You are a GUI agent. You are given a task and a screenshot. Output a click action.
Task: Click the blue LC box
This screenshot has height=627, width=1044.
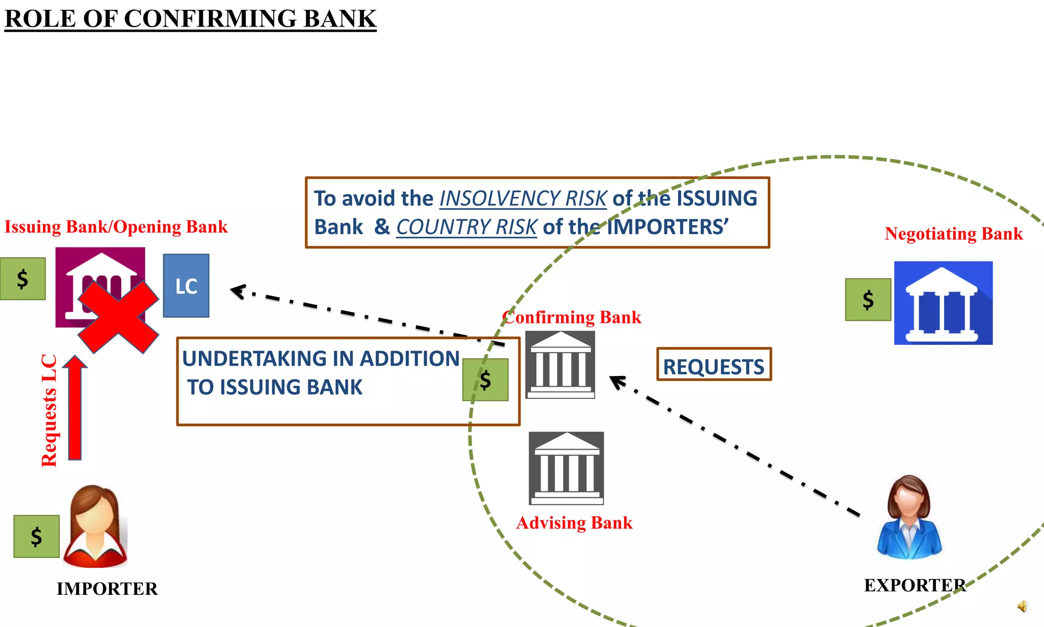click(186, 286)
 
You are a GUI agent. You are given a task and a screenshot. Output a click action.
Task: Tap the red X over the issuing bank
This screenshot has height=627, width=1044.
click(118, 317)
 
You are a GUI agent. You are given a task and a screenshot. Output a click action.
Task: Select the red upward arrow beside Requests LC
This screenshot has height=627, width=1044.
click(75, 408)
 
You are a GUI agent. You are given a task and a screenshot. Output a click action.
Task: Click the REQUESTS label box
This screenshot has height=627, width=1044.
click(714, 365)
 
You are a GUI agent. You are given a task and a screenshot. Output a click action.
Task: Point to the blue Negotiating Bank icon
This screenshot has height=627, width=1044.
click(943, 303)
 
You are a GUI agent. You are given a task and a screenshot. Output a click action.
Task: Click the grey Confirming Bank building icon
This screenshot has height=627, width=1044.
click(560, 365)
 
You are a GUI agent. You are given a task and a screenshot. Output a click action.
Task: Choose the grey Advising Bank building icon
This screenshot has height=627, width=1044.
click(566, 468)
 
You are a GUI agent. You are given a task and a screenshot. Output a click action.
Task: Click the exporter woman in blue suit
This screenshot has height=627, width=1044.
click(909, 518)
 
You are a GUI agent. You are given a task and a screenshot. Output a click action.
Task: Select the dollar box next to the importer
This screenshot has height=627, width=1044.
click(36, 536)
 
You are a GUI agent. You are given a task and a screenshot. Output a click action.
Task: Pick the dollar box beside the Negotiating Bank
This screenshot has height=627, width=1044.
click(868, 299)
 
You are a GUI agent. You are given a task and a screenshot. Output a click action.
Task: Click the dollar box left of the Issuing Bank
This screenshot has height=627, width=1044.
click(22, 279)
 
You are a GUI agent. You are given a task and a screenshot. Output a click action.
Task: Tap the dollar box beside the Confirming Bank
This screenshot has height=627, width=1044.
click(485, 380)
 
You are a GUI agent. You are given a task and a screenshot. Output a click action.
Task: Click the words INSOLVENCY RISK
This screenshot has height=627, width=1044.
click(523, 198)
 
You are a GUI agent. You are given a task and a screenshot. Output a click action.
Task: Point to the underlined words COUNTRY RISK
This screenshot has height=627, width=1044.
click(466, 227)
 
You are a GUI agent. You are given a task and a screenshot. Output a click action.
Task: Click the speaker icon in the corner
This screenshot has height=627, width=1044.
click(1022, 606)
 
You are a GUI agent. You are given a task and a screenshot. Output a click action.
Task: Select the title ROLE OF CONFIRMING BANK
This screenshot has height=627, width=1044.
click(190, 19)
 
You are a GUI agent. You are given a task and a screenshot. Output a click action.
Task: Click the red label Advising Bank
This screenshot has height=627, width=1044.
click(574, 523)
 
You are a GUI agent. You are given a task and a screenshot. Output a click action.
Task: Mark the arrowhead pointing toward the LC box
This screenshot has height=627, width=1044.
click(238, 291)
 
